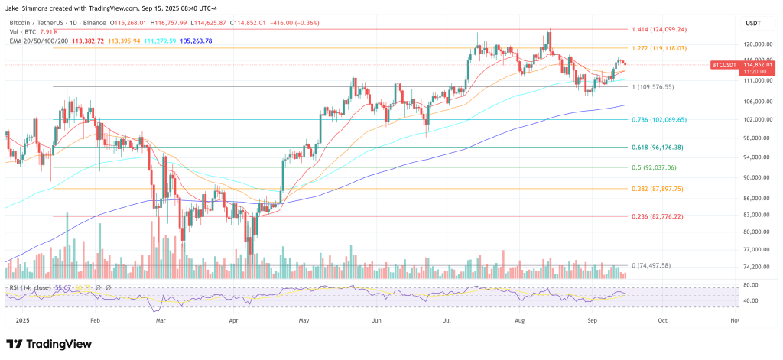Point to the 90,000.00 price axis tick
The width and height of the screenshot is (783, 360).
click(759, 177)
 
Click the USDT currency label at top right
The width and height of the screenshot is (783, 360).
click(754, 23)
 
